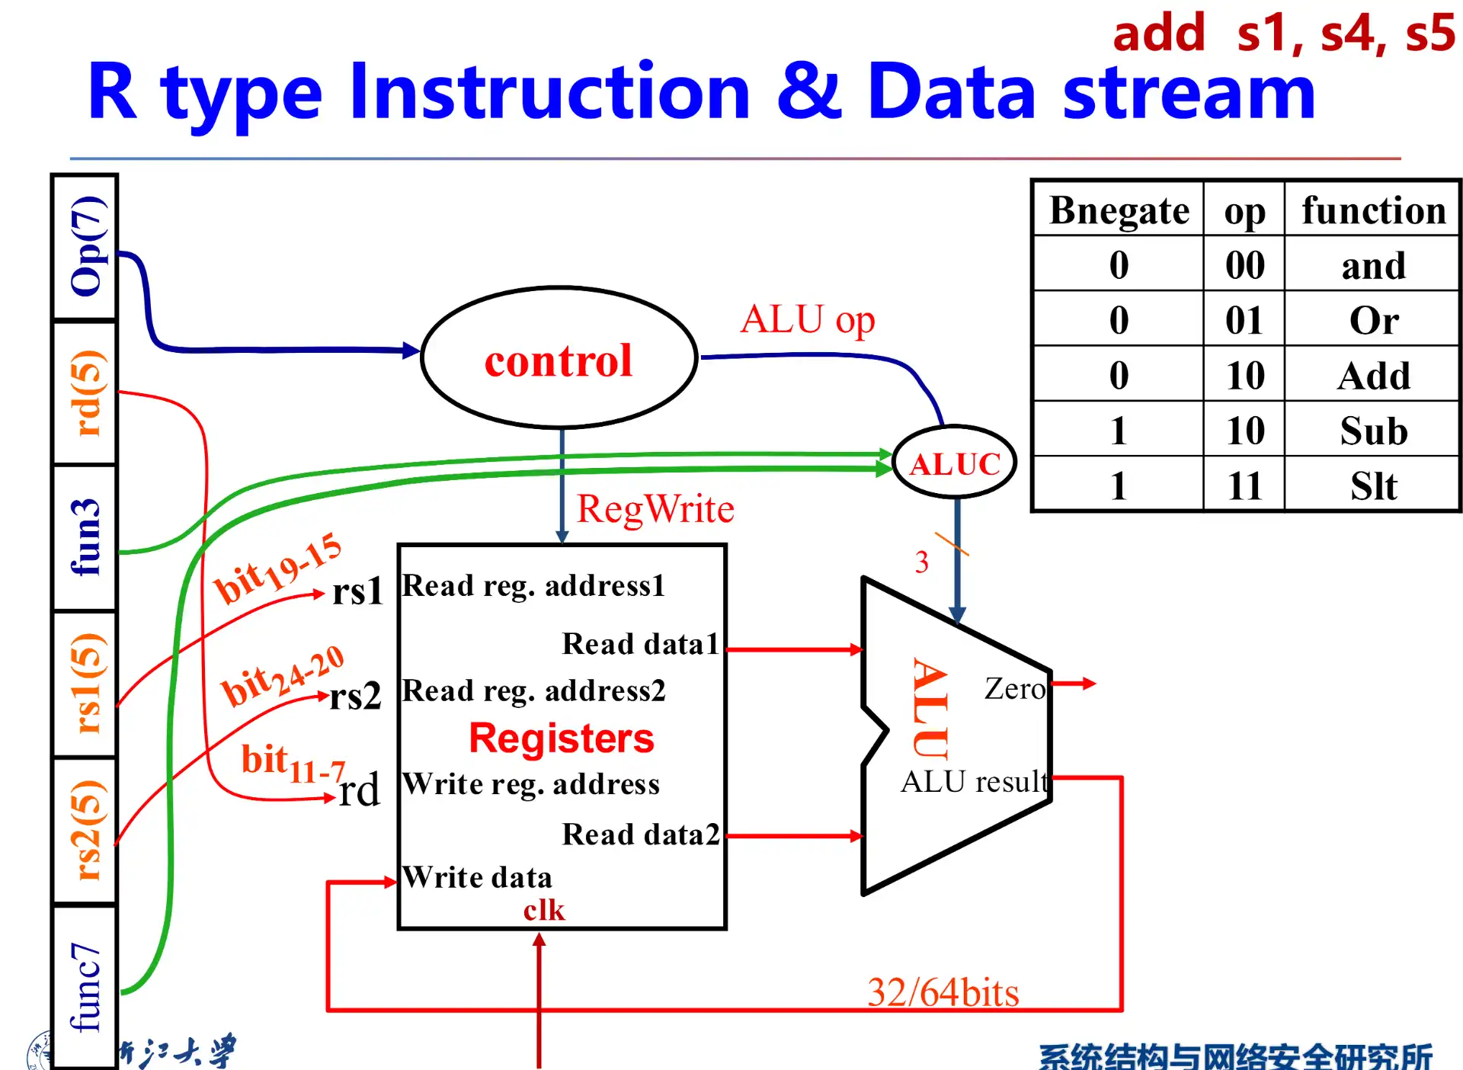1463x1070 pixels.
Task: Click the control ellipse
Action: click(559, 359)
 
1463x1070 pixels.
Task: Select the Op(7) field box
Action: click(85, 247)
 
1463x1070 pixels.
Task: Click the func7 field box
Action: click(85, 986)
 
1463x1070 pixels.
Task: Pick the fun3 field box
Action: click(85, 537)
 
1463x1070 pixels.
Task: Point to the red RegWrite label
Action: click(655, 509)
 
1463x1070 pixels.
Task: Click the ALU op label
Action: click(808, 319)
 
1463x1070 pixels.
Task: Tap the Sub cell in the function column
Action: click(1373, 431)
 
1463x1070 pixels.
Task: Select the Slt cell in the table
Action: click(1373, 485)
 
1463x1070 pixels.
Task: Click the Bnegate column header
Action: click(1119, 210)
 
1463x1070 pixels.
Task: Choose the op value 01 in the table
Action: click(1244, 320)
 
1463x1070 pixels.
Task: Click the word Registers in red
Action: click(562, 738)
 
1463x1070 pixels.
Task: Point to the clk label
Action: click(544, 910)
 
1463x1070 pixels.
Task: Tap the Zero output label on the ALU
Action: click(1014, 689)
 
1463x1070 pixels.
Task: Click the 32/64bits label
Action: click(943, 992)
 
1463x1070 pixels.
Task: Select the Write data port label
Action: click(478, 877)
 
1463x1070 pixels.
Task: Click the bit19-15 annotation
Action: click(277, 569)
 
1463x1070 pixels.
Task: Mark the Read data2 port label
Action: click(640, 835)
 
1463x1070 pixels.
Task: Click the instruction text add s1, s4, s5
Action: click(1283, 34)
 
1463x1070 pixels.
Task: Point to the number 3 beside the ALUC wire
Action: click(922, 562)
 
